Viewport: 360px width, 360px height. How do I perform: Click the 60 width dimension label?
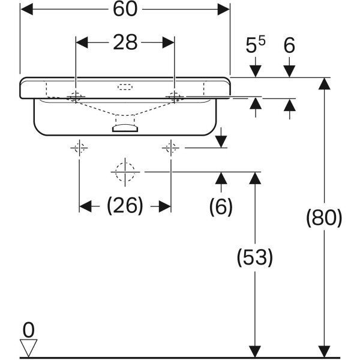point(125,9)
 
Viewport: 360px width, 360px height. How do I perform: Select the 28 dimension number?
point(125,43)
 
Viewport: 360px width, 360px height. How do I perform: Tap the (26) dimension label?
point(125,205)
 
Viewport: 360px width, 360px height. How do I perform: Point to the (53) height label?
point(255,257)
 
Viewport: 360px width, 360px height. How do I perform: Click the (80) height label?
point(324,218)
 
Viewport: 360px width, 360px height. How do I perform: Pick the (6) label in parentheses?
point(221,206)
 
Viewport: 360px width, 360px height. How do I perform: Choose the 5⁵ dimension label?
point(256,44)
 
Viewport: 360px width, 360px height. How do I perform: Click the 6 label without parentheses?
point(289,46)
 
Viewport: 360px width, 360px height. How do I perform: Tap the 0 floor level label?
point(29,330)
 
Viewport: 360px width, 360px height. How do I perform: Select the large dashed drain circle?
point(125,172)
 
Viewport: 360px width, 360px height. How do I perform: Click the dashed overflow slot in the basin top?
point(125,87)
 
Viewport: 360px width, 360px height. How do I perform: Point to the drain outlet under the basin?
point(125,128)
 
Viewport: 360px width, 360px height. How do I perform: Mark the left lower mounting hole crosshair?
point(79,148)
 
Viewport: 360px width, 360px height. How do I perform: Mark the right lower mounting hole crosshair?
point(170,148)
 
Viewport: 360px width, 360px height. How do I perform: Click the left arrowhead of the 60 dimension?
point(26,10)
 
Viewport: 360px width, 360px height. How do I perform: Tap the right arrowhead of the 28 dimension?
point(168,43)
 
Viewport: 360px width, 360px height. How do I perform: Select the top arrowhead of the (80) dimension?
point(324,84)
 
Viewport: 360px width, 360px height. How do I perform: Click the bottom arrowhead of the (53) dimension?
point(255,352)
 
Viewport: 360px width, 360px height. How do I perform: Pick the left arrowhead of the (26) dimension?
point(85,206)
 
